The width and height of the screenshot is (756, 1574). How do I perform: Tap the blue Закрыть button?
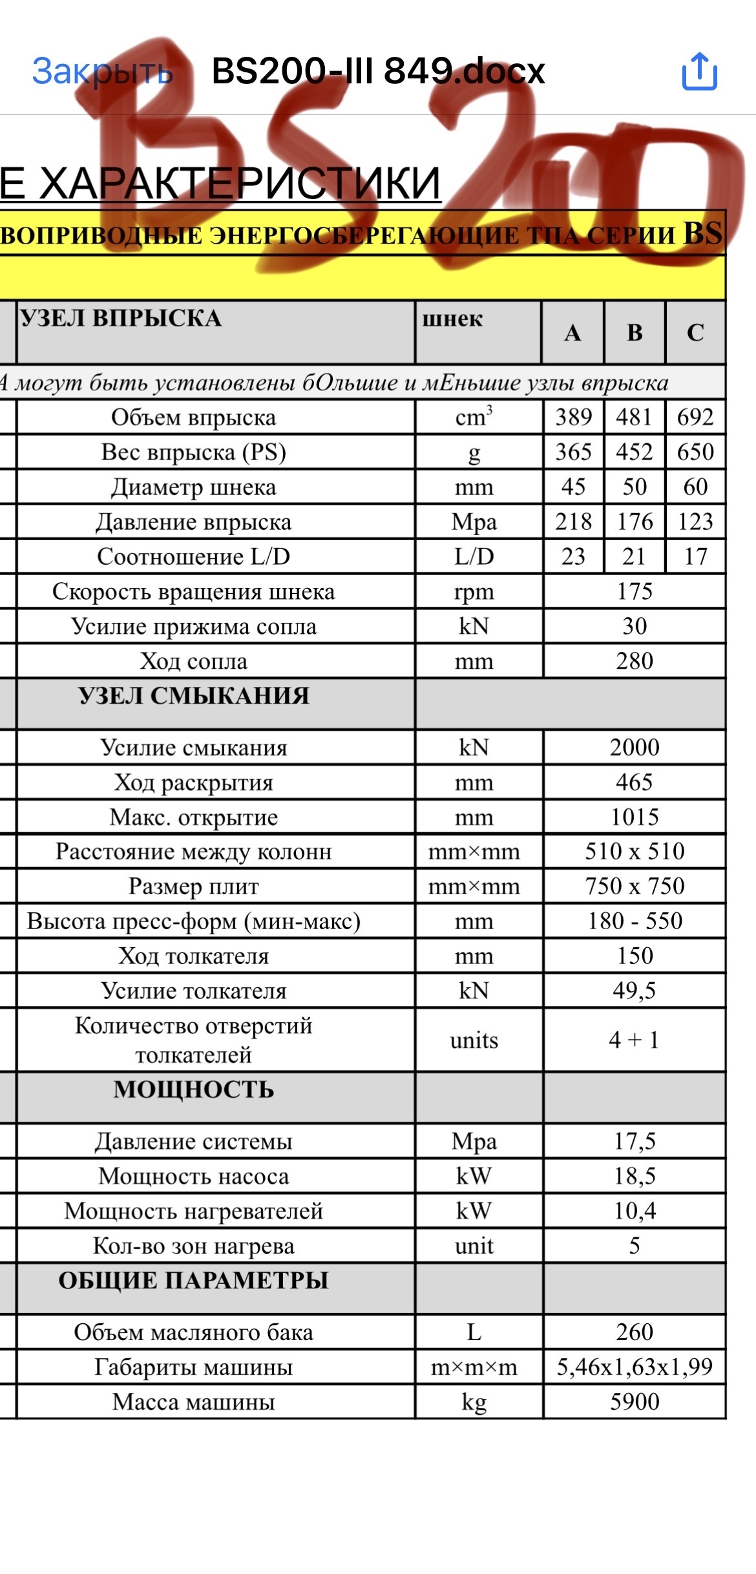pyautogui.click(x=102, y=71)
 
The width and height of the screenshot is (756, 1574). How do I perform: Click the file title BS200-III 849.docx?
pyautogui.click(x=378, y=71)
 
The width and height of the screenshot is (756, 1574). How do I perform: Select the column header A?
pyautogui.click(x=572, y=333)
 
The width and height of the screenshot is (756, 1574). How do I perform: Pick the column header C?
pyautogui.click(x=695, y=333)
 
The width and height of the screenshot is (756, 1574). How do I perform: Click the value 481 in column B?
pyautogui.click(x=634, y=417)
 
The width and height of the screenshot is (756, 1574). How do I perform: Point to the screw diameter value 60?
pyautogui.click(x=695, y=487)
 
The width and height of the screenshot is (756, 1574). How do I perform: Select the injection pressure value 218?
pyautogui.click(x=573, y=522)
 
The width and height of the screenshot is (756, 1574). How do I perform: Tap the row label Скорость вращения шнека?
pyautogui.click(x=193, y=592)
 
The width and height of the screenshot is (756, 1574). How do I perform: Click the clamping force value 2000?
pyautogui.click(x=635, y=748)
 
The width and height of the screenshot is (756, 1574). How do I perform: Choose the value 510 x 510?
pyautogui.click(x=635, y=852)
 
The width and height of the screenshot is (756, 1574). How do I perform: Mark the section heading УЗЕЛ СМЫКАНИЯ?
pyautogui.click(x=193, y=696)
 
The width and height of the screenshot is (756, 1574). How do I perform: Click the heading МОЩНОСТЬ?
pyautogui.click(x=193, y=1090)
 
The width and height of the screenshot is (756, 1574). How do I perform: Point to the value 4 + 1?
pyautogui.click(x=634, y=1040)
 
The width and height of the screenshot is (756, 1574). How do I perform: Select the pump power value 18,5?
pyautogui.click(x=635, y=1176)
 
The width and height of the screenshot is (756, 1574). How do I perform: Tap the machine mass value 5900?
pyautogui.click(x=635, y=1401)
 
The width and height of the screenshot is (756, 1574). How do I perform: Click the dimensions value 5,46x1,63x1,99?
pyautogui.click(x=635, y=1367)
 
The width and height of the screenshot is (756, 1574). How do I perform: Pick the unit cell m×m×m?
pyautogui.click(x=474, y=1367)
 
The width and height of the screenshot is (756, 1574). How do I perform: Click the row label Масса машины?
pyautogui.click(x=193, y=1402)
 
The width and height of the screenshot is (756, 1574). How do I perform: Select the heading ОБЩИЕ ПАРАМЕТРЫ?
pyautogui.click(x=193, y=1280)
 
